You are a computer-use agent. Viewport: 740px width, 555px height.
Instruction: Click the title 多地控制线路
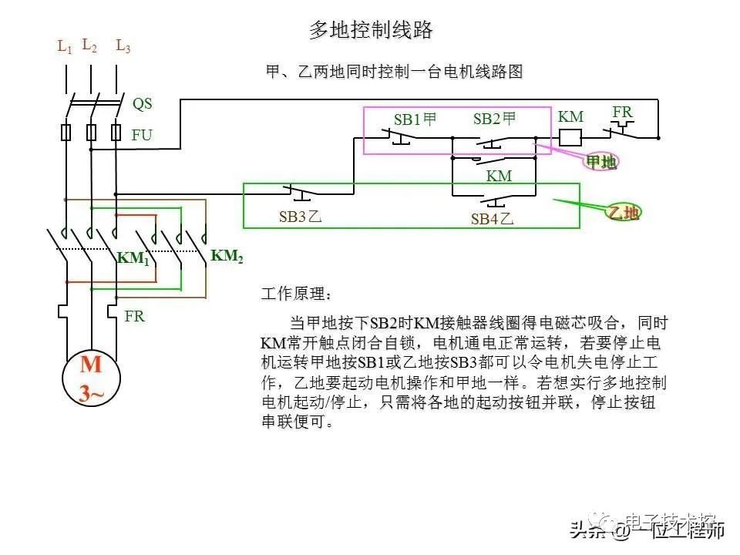[x=371, y=30]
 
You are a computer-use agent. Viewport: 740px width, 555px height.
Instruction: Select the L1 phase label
[x=65, y=46]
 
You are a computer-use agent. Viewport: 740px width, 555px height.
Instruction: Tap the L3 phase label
[x=123, y=45]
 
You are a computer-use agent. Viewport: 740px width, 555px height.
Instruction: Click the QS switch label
[x=143, y=103]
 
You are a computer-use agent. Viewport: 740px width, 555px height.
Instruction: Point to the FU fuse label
[x=142, y=135]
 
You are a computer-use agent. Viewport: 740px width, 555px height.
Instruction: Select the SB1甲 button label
[x=415, y=119]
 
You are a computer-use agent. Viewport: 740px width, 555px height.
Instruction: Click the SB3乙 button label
[x=300, y=217]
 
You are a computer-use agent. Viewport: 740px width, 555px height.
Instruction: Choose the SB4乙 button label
[x=492, y=219]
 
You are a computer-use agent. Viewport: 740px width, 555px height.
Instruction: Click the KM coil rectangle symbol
[x=570, y=137]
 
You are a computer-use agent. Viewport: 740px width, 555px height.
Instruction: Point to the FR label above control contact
[x=623, y=113]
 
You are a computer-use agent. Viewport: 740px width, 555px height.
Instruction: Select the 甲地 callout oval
[x=600, y=161]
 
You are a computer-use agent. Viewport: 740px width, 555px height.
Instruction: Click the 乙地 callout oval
[x=624, y=213]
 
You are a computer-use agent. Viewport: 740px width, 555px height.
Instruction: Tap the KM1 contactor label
[x=133, y=259]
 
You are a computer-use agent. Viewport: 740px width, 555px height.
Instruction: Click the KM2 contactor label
[x=227, y=257]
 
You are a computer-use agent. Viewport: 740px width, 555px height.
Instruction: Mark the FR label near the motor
[x=135, y=316]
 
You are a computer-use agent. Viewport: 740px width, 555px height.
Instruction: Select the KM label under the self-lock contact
[x=499, y=177]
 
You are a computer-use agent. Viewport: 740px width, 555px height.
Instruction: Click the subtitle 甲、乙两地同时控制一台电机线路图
[x=394, y=72]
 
